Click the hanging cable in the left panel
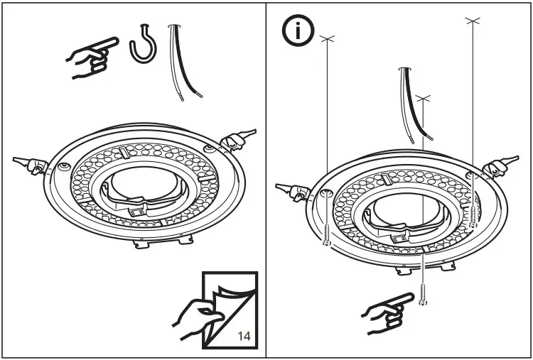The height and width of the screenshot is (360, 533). [177, 64]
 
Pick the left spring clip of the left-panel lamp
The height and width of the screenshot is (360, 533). [33, 164]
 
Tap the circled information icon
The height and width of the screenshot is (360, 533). [295, 31]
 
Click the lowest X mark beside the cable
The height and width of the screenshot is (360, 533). [424, 95]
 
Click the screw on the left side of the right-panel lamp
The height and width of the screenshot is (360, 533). [326, 234]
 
